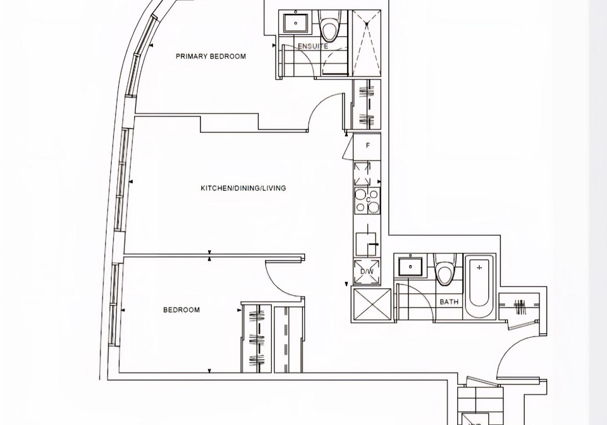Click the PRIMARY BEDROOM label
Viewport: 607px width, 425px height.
click(x=211, y=56)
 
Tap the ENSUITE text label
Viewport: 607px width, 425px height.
click(x=313, y=46)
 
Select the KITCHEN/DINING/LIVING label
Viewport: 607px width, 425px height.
click(x=243, y=188)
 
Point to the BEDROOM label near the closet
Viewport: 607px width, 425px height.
click(x=181, y=310)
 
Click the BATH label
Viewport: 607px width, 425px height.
click(x=449, y=302)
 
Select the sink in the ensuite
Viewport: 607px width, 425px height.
click(x=296, y=23)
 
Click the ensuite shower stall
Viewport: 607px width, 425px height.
click(x=366, y=43)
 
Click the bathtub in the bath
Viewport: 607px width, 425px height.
click(x=479, y=286)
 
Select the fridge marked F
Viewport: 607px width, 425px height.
click(x=367, y=146)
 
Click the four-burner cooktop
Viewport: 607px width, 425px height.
click(x=367, y=200)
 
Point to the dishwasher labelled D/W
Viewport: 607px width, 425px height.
click(x=367, y=271)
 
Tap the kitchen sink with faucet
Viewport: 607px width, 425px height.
click(x=366, y=244)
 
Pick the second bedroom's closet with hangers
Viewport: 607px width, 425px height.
click(x=256, y=338)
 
